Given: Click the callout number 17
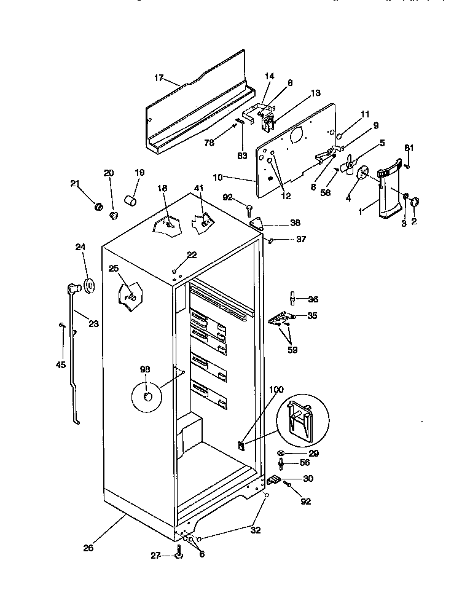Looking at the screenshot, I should pos(159,78).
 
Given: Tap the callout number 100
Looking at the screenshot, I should pos(277,390).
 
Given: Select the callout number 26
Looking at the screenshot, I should pos(88,548).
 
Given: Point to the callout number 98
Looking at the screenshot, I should pos(145,369).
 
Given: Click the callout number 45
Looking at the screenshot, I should pos(60,364).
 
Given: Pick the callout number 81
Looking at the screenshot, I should pos(409,148).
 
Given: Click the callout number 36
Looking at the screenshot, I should pos(313,299).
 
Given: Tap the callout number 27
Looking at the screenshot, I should pos(155,555).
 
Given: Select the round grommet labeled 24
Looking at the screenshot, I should pos(88,285).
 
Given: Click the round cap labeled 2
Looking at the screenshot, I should pos(414,201).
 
